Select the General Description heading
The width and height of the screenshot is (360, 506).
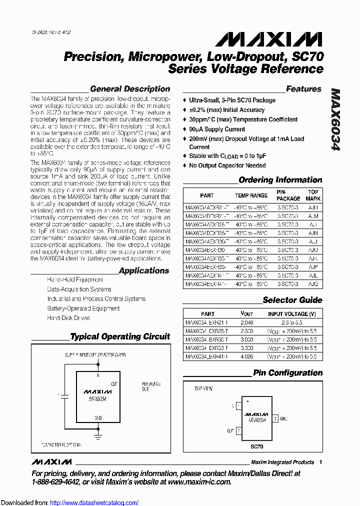point(130,89)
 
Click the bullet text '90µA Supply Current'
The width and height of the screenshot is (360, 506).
point(217,129)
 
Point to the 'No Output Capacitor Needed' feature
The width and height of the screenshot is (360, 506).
point(227,165)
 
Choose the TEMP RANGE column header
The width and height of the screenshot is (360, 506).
point(251,195)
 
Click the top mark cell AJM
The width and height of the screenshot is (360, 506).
point(313,216)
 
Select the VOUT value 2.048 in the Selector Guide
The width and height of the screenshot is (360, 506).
point(247,323)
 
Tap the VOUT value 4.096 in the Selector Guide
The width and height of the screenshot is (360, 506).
point(247,357)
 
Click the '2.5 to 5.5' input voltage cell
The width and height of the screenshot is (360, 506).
point(292,323)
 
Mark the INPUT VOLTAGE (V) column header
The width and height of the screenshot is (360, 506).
point(292,314)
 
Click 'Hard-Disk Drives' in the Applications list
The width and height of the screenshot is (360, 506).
point(68,318)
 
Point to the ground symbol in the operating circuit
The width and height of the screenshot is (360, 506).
point(98,436)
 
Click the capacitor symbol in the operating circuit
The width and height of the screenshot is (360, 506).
point(63,395)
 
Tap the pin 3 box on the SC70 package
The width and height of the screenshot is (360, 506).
point(274,418)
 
